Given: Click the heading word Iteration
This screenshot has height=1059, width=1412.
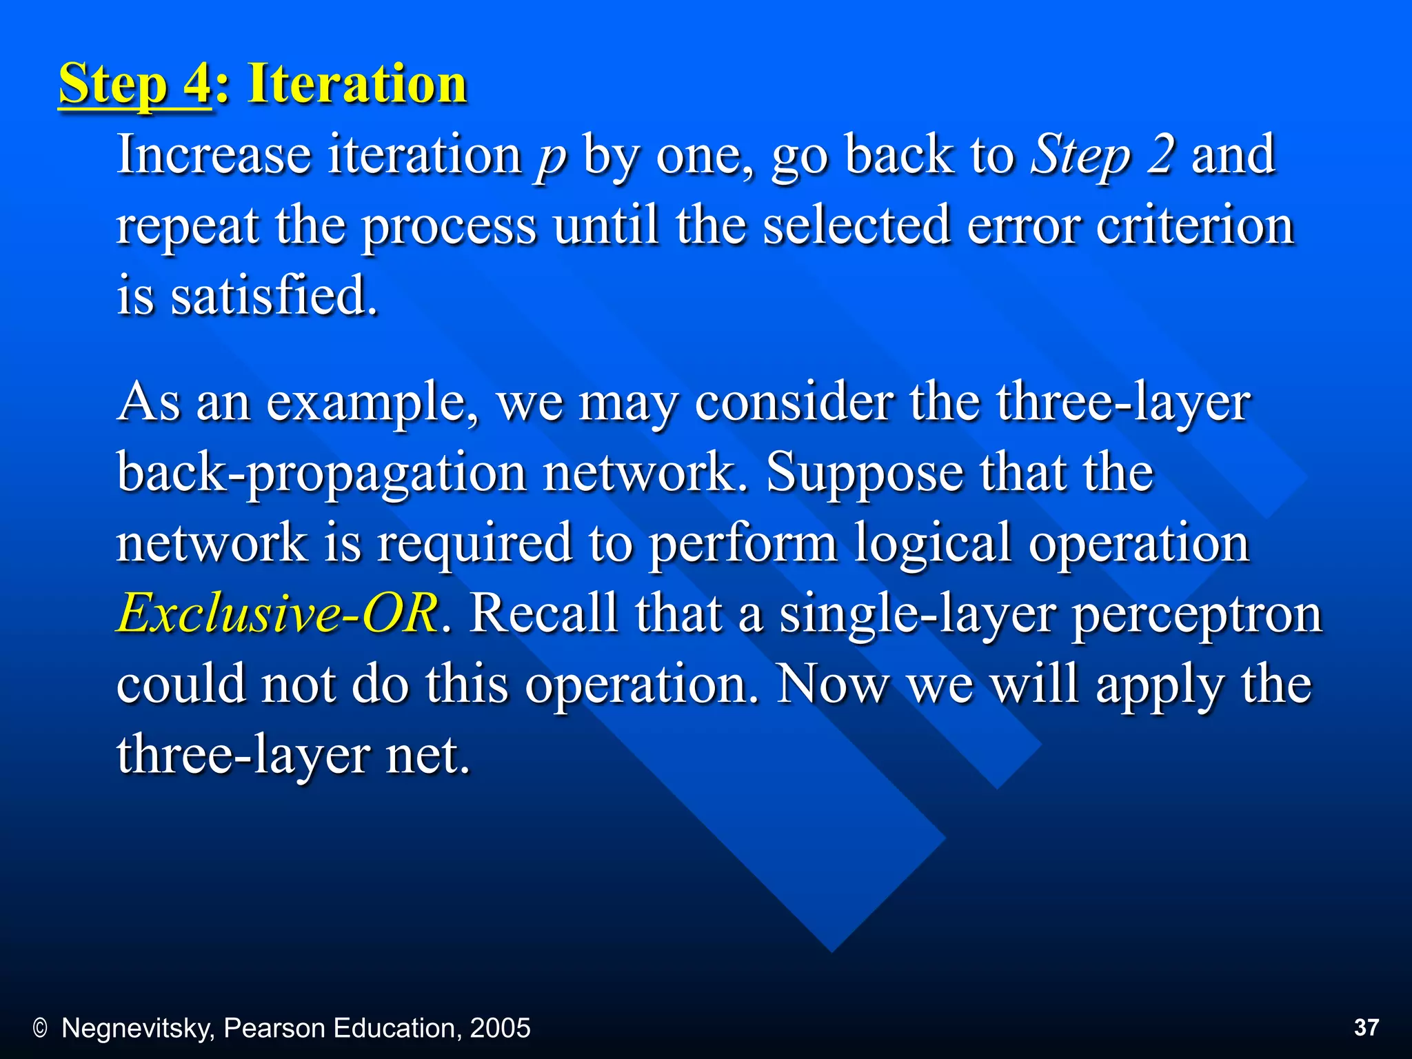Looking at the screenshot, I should pyautogui.click(x=357, y=83).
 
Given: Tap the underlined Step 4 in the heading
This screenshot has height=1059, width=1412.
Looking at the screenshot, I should pyautogui.click(x=134, y=85).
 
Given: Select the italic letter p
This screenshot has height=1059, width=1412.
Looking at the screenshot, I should pyautogui.click(x=550, y=157).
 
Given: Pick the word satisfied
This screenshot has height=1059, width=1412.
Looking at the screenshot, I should pyautogui.click(x=274, y=295).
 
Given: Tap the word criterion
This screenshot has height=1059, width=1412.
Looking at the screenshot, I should pyautogui.click(x=1194, y=225).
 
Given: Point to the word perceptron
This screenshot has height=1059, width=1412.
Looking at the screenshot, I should pyautogui.click(x=1197, y=614).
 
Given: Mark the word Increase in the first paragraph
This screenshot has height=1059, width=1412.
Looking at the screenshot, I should pyautogui.click(x=214, y=154).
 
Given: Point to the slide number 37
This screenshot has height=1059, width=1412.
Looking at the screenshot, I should pyautogui.click(x=1366, y=1027).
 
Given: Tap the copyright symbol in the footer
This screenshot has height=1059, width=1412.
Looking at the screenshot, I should pyautogui.click(x=40, y=1029).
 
